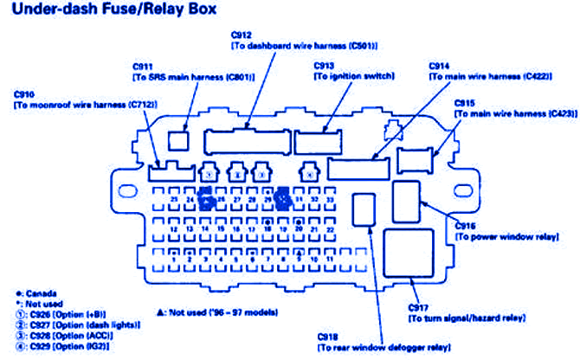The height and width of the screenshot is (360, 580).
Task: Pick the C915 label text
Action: [x=514, y=107]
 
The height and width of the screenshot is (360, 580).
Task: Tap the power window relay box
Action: [x=406, y=202]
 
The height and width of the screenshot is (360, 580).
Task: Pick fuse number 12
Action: [x=175, y=230]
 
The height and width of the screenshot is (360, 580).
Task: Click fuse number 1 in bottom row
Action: [x=175, y=258]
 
